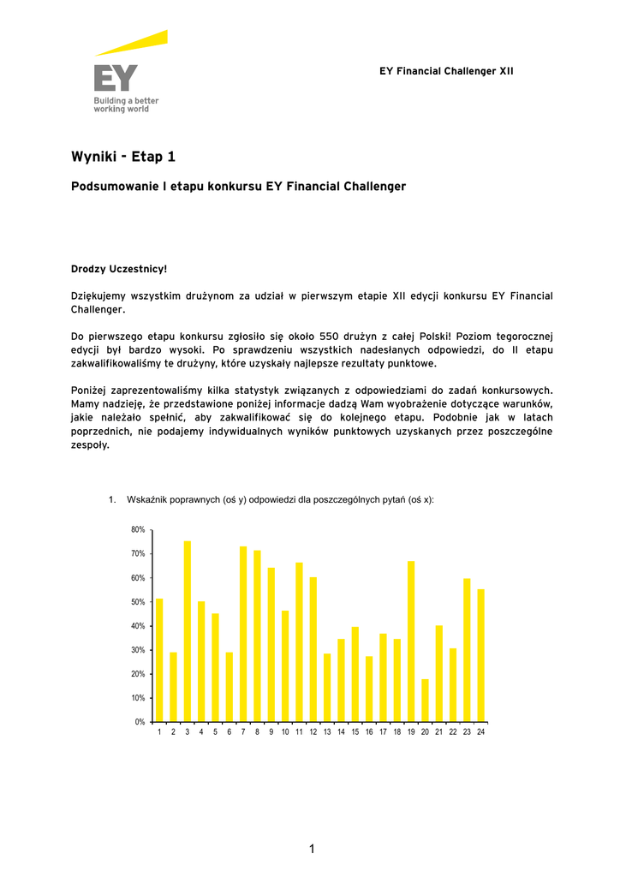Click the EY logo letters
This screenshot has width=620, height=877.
click(116, 80)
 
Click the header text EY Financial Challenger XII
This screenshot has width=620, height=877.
click(446, 71)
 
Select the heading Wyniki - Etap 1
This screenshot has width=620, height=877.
click(122, 157)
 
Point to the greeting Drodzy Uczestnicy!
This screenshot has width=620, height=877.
click(118, 269)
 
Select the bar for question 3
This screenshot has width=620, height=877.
click(188, 631)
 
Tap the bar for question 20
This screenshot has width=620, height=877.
click(425, 700)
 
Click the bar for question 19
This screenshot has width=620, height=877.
click(411, 641)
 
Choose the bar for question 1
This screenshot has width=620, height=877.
click(159, 659)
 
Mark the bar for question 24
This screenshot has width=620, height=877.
click(480, 655)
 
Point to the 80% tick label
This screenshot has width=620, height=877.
click(138, 530)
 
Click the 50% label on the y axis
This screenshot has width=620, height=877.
click(138, 602)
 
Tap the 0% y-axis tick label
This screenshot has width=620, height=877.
click(140, 722)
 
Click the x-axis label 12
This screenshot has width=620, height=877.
click(313, 732)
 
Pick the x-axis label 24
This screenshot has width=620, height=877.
click(481, 732)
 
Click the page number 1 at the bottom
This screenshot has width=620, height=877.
click(312, 849)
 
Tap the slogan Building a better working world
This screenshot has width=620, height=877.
click(126, 104)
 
